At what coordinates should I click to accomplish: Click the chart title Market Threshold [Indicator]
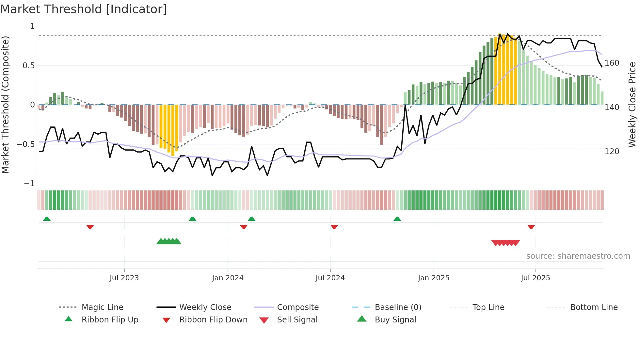pos(84,9)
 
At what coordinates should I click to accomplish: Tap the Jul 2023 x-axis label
pos(124,278)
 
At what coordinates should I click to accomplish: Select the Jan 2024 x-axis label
pos(228,278)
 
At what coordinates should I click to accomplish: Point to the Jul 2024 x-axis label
pos(330,278)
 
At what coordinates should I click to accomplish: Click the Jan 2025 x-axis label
pos(433,278)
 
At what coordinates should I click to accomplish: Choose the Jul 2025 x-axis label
pos(535,278)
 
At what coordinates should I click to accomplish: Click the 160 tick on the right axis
pos(612,63)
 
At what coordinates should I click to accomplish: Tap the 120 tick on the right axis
pos(612,152)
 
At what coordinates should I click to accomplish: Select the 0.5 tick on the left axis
pos(28,66)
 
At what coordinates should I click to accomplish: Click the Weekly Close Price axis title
pos(632,105)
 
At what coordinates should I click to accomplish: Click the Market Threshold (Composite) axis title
pos(6,105)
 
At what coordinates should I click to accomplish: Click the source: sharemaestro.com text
pos(578,256)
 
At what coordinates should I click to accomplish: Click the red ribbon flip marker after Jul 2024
pos(334,227)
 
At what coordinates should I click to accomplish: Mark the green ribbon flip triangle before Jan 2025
pos(397,219)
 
